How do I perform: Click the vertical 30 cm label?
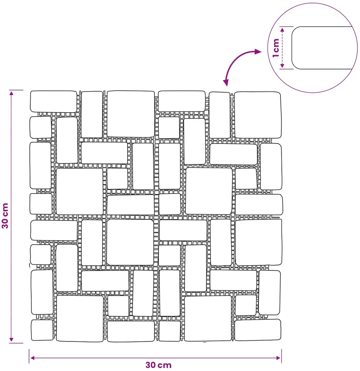click(5, 216)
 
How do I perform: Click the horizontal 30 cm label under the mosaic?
click(159, 365)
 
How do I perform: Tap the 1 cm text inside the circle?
click(276, 48)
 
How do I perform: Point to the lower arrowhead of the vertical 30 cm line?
click(11, 340)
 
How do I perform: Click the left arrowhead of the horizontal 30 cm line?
click(33, 358)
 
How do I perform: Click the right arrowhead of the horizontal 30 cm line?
click(278, 358)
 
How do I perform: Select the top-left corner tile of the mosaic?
click(54, 102)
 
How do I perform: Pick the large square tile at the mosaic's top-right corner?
click(258, 115)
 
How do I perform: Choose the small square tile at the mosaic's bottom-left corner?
click(42, 330)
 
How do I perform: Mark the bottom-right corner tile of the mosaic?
click(258, 330)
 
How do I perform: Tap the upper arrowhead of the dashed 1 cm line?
click(282, 29)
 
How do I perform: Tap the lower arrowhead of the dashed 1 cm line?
click(282, 66)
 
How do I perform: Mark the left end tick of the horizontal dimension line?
click(29, 356)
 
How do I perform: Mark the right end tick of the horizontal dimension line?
click(281, 356)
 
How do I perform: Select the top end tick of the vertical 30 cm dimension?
click(16, 90)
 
